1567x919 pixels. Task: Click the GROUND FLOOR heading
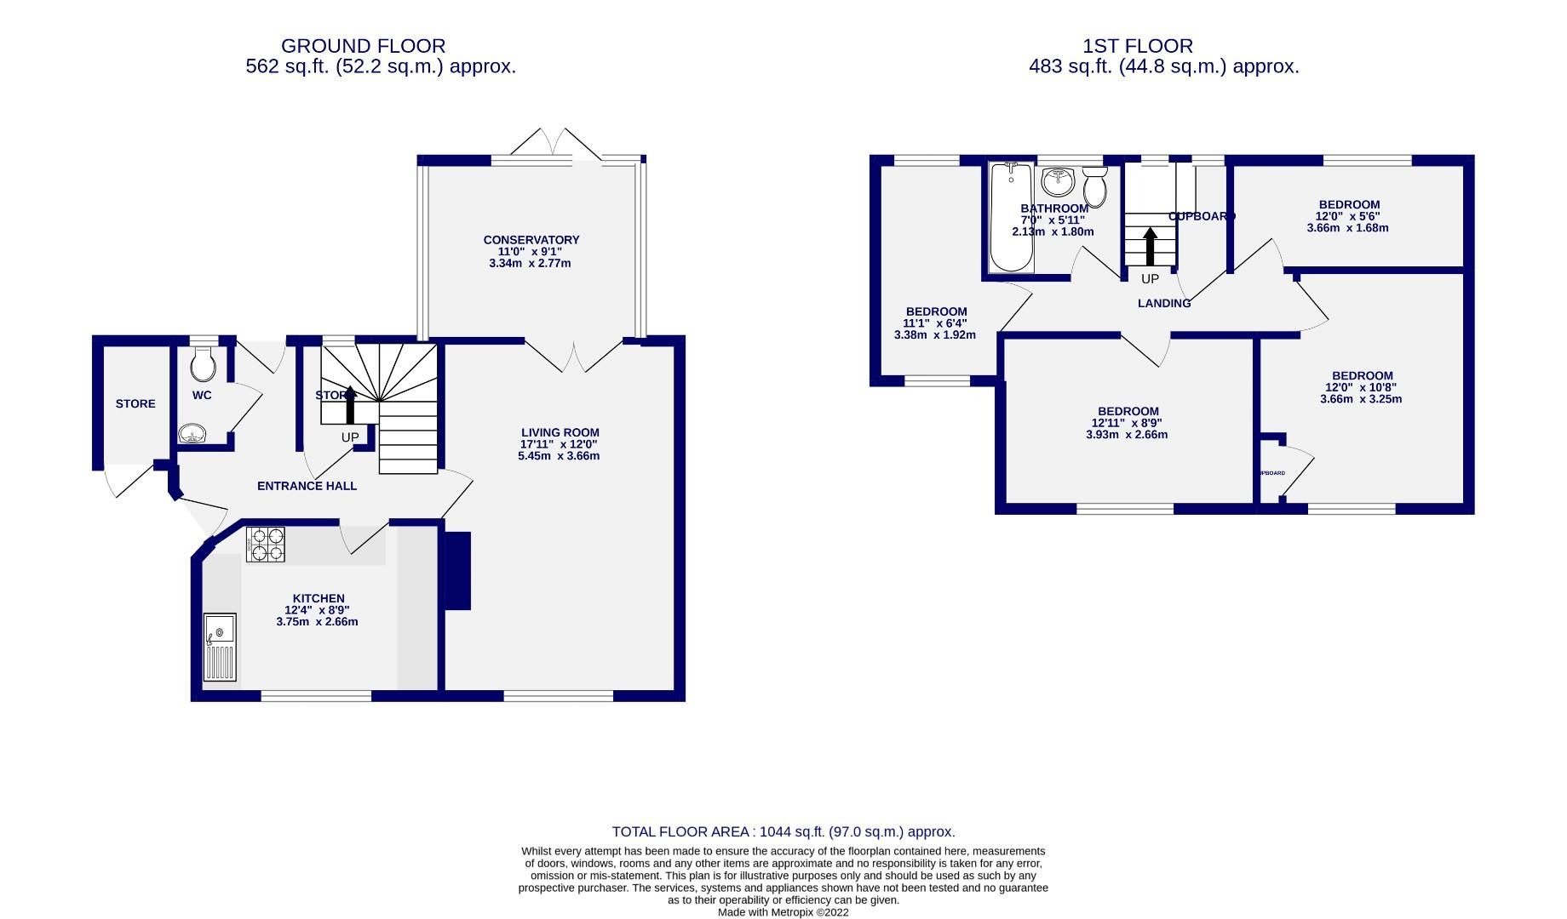pyautogui.click(x=363, y=46)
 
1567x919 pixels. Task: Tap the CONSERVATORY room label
pyautogui.click(x=531, y=240)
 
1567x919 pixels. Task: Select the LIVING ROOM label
pyautogui.click(x=560, y=432)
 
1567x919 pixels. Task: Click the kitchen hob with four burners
pyautogui.click(x=266, y=545)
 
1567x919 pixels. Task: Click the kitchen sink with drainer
pyautogui.click(x=219, y=647)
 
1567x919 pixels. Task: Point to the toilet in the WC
pyautogui.click(x=204, y=364)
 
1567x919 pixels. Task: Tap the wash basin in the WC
pyautogui.click(x=193, y=434)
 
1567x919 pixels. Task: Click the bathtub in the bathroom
pyautogui.click(x=1012, y=218)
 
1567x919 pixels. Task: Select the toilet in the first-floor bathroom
pyautogui.click(x=1095, y=186)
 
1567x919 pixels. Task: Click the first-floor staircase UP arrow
pyautogui.click(x=1150, y=246)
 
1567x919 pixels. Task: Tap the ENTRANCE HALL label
pyautogui.click(x=307, y=486)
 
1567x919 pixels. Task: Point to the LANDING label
pyautogui.click(x=1164, y=303)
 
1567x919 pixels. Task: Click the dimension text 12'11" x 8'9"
pyautogui.click(x=1127, y=423)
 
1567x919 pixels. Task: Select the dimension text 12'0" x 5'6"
pyautogui.click(x=1348, y=216)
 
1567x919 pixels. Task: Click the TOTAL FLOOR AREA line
pyautogui.click(x=783, y=832)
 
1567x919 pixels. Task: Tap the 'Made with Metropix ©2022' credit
pyautogui.click(x=783, y=912)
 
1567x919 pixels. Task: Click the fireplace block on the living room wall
pyautogui.click(x=458, y=570)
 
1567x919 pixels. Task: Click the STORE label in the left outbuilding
pyautogui.click(x=135, y=403)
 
